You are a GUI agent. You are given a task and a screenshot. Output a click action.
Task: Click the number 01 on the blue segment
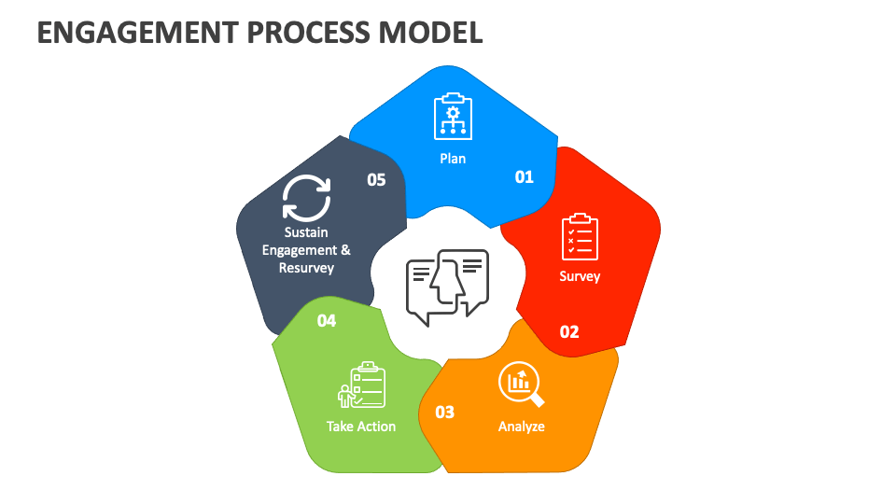[x=525, y=176]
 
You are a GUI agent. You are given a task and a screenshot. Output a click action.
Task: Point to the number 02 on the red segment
[x=569, y=331]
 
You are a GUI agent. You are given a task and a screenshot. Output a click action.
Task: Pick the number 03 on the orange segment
[x=445, y=412]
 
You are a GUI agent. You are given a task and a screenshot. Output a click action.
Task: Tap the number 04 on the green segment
[x=326, y=321]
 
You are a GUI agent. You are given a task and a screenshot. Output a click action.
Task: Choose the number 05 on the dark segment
[x=376, y=180]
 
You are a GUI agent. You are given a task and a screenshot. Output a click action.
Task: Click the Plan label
[x=453, y=159]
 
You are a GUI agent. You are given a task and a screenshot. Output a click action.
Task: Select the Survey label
[x=580, y=276]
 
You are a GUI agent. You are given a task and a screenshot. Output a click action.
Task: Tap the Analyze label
[x=521, y=427]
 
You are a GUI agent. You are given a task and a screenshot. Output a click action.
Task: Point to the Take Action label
[x=361, y=427]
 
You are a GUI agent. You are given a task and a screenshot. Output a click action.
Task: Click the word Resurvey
[x=306, y=268]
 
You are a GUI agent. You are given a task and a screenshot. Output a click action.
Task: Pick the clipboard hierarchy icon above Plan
[x=453, y=117]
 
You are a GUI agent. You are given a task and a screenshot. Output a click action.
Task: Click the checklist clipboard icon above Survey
[x=580, y=237]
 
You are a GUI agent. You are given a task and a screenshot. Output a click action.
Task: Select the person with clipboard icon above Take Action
[x=361, y=385]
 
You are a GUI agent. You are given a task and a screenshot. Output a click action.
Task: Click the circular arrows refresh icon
[x=306, y=197]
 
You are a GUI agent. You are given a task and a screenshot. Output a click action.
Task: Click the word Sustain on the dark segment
[x=306, y=232]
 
